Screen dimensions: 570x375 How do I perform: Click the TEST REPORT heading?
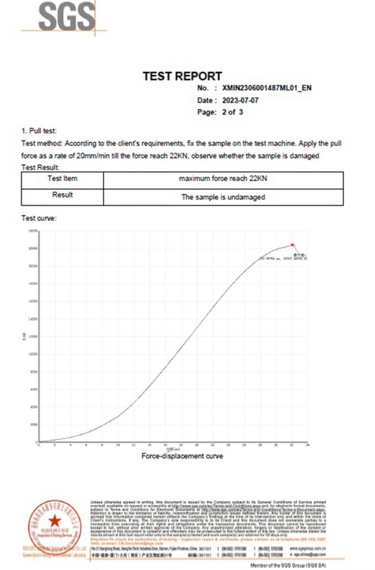point(182,77)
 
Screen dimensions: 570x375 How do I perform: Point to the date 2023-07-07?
point(239,100)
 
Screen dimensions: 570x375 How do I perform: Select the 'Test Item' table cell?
point(63,179)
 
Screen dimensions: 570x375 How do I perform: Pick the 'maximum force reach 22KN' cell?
point(223,179)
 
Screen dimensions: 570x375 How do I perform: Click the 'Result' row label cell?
point(63,195)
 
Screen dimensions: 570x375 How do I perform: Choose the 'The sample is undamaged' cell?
point(223,197)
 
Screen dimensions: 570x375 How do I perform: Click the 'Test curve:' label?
point(39,218)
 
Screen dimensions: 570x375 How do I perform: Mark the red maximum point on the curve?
point(292,245)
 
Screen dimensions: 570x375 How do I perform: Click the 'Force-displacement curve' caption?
point(182,456)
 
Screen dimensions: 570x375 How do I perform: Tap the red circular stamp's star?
point(55,520)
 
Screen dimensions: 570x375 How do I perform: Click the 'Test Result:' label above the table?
point(40,167)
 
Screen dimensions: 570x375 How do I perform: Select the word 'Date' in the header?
point(205,100)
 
